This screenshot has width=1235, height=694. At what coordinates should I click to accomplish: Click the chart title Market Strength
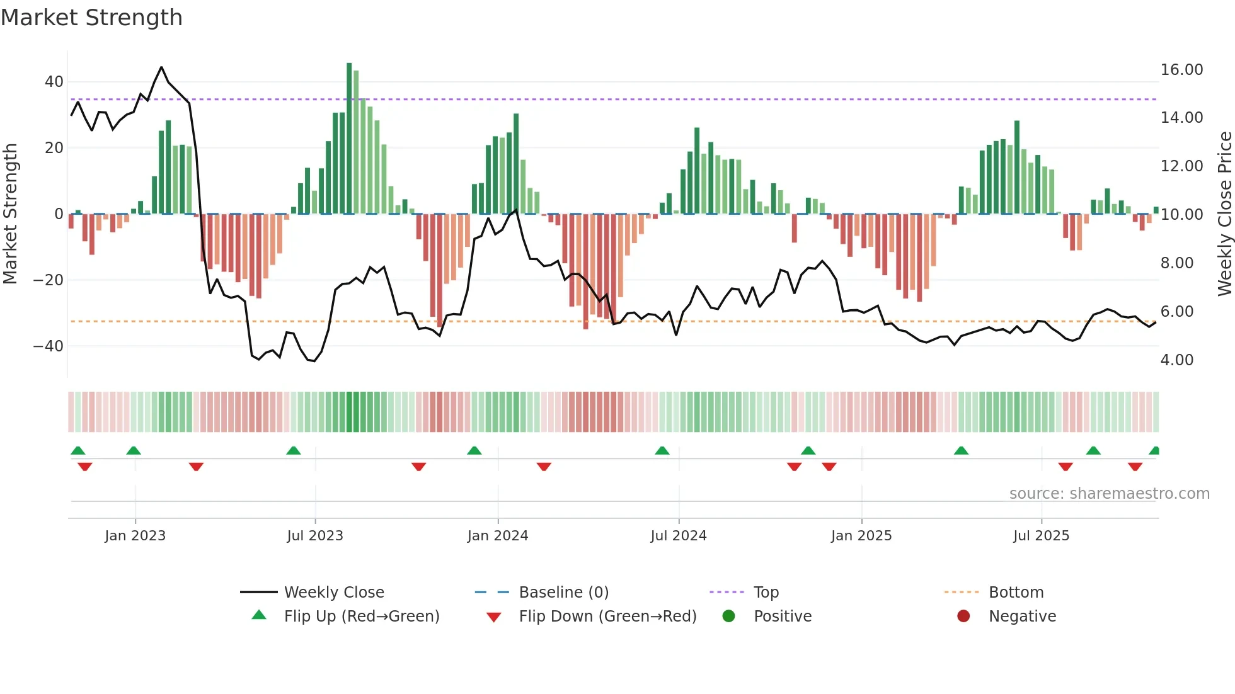pyautogui.click(x=91, y=18)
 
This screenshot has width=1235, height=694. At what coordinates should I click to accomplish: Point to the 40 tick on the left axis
pyautogui.click(x=54, y=82)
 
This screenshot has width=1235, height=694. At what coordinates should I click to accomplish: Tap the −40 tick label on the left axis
pyautogui.click(x=49, y=346)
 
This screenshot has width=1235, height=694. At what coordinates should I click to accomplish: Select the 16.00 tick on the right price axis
pyautogui.click(x=1181, y=70)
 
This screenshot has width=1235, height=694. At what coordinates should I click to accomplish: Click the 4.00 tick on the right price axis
pyautogui.click(x=1177, y=360)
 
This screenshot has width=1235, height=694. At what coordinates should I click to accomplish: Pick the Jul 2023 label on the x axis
pyautogui.click(x=315, y=536)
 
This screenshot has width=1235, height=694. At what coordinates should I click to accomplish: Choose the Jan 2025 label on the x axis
pyautogui.click(x=861, y=536)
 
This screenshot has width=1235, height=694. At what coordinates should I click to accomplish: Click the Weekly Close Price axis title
pyautogui.click(x=1224, y=214)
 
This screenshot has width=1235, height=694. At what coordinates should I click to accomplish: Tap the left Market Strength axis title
pyautogui.click(x=11, y=214)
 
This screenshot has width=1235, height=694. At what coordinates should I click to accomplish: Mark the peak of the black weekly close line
pyautogui.click(x=161, y=67)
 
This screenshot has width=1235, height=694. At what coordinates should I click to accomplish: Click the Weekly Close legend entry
pyautogui.click(x=333, y=593)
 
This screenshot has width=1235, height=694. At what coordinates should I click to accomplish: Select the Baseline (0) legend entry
pyautogui.click(x=563, y=593)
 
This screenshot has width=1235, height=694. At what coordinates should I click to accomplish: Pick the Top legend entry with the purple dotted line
pyautogui.click(x=766, y=593)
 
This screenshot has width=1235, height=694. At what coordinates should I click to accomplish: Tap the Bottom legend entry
pyautogui.click(x=1016, y=593)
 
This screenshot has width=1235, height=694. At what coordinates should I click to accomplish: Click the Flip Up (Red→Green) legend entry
pyautogui.click(x=361, y=617)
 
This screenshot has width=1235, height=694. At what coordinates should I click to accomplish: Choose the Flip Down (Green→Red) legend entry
pyautogui.click(x=607, y=617)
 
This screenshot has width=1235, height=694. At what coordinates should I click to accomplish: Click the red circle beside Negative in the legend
pyautogui.click(x=963, y=617)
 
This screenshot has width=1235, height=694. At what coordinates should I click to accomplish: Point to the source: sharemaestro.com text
pyautogui.click(x=1109, y=494)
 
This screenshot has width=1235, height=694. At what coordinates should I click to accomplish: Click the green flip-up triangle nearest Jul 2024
pyautogui.click(x=662, y=451)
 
